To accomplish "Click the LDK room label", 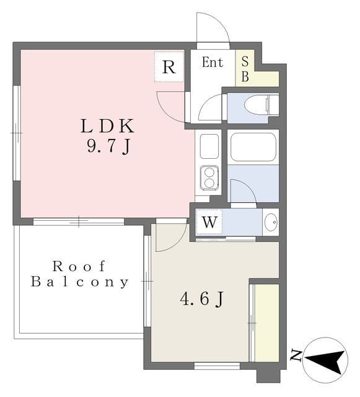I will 107,126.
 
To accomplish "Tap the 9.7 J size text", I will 107,147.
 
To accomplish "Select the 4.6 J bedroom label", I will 201,299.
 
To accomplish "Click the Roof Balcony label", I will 80,274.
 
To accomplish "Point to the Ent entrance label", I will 212,63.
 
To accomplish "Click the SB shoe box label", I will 245,68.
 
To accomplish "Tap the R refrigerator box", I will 169,68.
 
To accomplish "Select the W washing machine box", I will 209,221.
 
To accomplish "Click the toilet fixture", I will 261,105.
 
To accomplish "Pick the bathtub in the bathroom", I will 253,147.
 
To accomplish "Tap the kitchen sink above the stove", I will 209,146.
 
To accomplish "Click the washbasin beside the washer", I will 271,222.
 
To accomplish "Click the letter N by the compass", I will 296,355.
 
